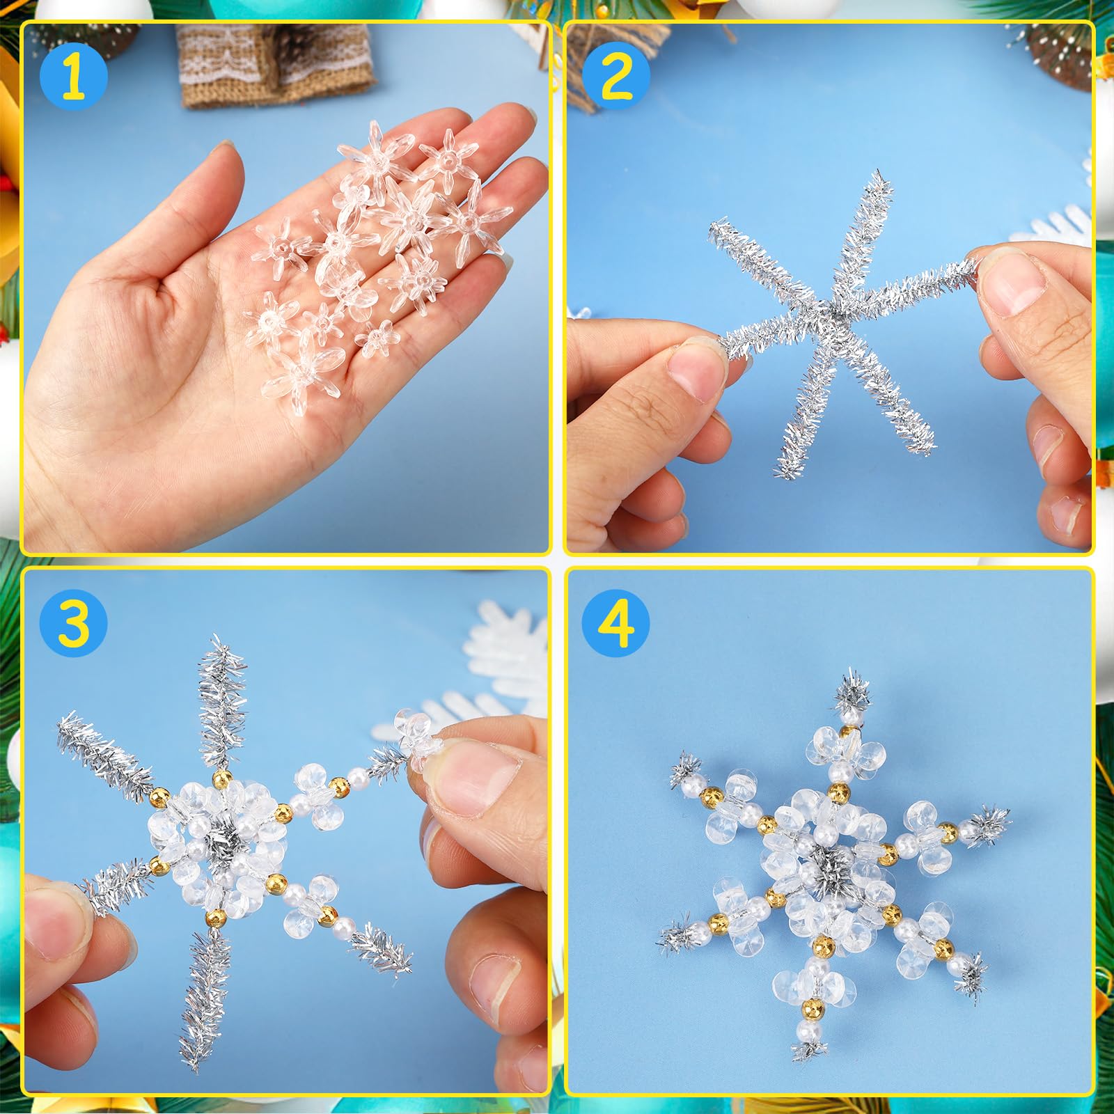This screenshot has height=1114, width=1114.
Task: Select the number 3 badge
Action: [74, 622]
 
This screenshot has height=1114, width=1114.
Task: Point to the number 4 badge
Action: [617, 622]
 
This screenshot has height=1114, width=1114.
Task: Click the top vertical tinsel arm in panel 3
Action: [222, 703]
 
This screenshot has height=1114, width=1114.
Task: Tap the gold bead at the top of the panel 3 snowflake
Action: [221, 777]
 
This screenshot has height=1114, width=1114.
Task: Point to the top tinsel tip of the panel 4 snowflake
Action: [851, 687]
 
